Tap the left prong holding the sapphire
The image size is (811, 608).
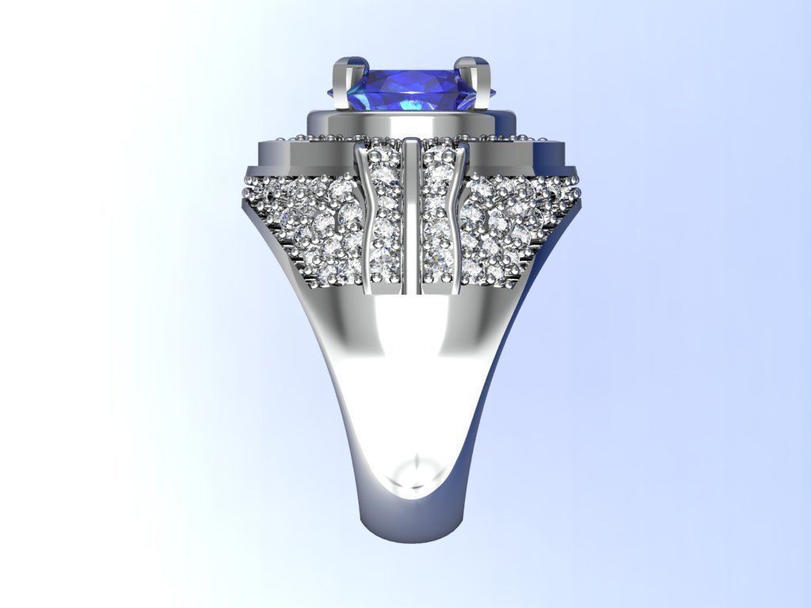[344, 84]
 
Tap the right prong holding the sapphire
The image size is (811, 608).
[480, 82]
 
